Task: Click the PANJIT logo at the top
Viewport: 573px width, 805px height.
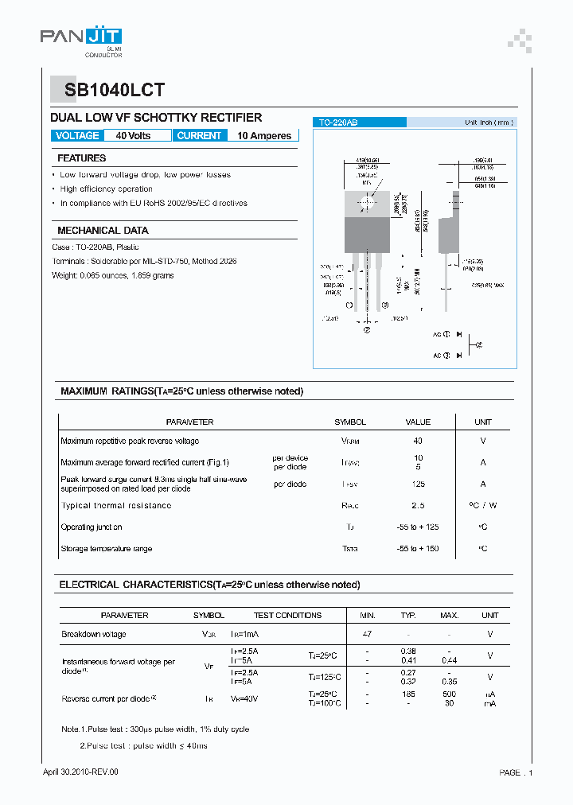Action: pos(81,37)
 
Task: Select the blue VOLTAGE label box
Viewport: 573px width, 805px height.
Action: pos(77,135)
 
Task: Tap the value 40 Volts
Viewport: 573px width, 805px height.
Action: pos(133,136)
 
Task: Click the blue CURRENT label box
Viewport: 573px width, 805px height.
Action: pos(199,135)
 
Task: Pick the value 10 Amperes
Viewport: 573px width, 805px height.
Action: pos(264,136)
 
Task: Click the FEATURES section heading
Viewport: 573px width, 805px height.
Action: pos(81,158)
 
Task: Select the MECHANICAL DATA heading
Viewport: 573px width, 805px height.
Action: pos(103,230)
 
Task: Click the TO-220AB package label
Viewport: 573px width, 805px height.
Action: pos(338,122)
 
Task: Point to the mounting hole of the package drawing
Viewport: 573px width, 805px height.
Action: pos(367,201)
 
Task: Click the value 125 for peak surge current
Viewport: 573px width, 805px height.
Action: pos(418,484)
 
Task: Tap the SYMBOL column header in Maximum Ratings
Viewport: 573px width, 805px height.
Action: pos(350,422)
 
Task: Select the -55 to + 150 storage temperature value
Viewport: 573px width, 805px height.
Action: pos(418,549)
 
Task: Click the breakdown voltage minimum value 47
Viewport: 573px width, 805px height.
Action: pos(367,634)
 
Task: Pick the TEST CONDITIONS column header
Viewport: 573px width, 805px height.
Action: pos(287,615)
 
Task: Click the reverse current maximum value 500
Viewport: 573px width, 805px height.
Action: pos(450,694)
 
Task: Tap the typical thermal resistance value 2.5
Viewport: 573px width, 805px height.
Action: pos(418,505)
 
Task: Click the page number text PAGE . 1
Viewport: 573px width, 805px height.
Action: pos(516,772)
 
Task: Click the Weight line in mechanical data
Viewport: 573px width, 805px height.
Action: pos(113,275)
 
